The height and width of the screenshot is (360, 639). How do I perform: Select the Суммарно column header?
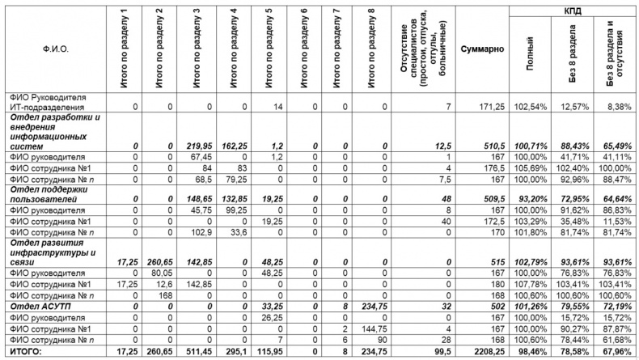click(x=483, y=49)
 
